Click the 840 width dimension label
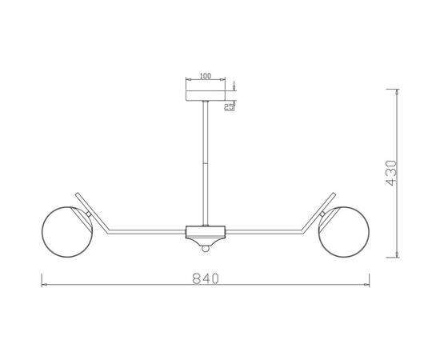coord(206,278)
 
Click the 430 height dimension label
coord(391,173)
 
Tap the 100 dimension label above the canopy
coord(205,76)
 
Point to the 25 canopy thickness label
coord(229,107)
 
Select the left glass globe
coord(66,232)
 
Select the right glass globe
coord(344,232)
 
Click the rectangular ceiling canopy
coord(206,96)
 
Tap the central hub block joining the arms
coord(206,232)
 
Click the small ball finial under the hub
coord(206,249)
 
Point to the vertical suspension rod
coord(206,163)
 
